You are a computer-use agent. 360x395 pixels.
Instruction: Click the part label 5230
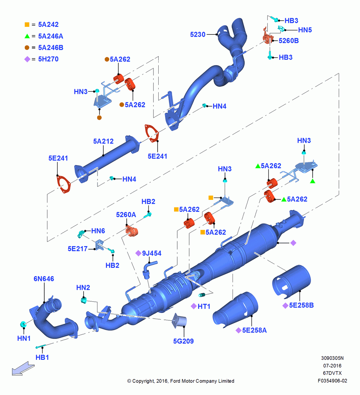198,34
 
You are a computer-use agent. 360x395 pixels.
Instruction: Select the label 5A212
103,141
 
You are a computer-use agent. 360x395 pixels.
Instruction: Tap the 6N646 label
44,279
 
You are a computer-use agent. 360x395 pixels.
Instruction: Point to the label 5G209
183,341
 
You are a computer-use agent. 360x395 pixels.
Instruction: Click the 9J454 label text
152,253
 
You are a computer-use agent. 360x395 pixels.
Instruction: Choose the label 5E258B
301,305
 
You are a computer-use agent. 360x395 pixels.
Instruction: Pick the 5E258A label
254,330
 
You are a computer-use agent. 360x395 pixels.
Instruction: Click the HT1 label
204,307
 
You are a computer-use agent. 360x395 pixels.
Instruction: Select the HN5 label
305,30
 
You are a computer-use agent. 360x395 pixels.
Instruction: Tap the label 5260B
289,41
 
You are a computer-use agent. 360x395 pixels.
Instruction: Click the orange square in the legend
27,24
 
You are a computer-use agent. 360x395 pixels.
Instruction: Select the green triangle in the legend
27,36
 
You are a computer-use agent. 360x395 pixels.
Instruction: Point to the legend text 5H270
48,59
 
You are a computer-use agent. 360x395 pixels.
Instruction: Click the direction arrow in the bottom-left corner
23,369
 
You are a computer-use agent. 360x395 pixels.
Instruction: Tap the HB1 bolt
41,346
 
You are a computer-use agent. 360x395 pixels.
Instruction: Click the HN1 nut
23,324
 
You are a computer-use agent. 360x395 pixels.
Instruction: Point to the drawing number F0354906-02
332,381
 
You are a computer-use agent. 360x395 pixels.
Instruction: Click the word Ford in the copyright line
175,381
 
